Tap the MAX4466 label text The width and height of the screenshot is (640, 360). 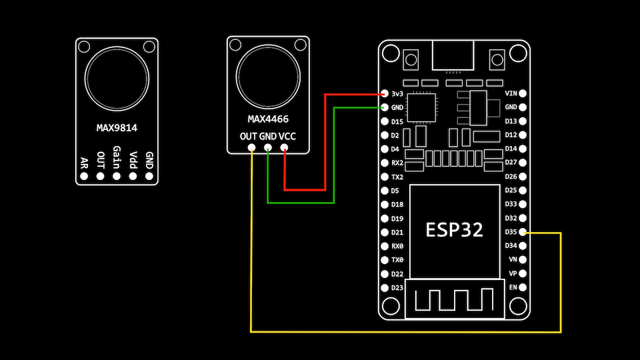(x=268, y=120)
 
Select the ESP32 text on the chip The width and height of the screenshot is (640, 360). (x=455, y=230)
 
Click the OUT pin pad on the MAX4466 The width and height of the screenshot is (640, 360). (x=251, y=148)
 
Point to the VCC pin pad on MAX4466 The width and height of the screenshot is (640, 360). (x=285, y=148)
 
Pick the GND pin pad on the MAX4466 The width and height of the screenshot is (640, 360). (x=268, y=148)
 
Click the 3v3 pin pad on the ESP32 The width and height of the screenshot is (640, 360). (x=385, y=94)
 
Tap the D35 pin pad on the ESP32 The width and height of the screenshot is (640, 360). (x=523, y=232)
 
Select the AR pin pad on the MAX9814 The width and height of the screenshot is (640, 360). (x=84, y=177)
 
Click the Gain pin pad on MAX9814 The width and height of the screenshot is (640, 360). (x=117, y=177)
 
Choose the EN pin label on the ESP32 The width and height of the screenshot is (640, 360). (x=512, y=287)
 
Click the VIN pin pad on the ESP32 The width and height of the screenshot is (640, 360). (x=523, y=93)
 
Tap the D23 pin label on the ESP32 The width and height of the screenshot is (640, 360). (x=397, y=287)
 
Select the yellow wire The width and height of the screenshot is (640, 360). (x=400, y=331)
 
